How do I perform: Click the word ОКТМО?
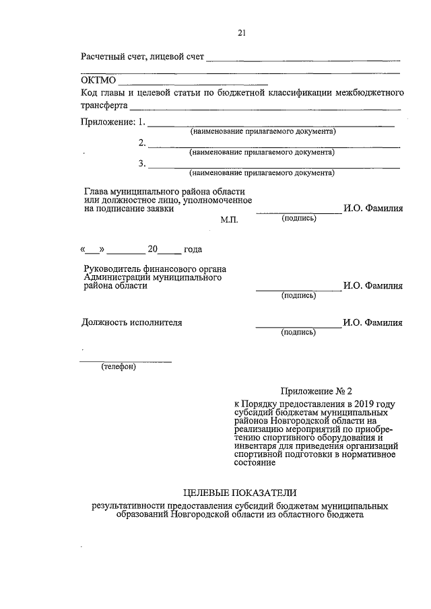pyautogui.click(x=99, y=81)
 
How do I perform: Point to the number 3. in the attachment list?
pyautogui.click(x=142, y=163)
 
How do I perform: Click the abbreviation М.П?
pyautogui.click(x=230, y=220)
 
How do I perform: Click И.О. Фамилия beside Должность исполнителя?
pyautogui.click(x=373, y=322)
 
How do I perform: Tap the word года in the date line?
pyautogui.click(x=193, y=250)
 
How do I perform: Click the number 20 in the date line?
pyautogui.click(x=153, y=250)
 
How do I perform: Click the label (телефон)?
pyautogui.click(x=119, y=367)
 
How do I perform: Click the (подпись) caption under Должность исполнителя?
pyautogui.click(x=298, y=332)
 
